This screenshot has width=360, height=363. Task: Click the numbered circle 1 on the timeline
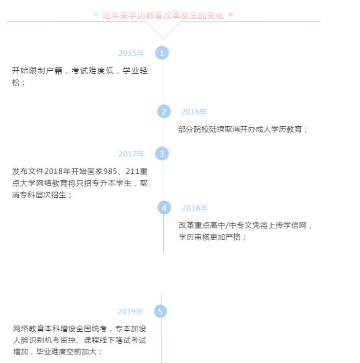(x=162, y=53)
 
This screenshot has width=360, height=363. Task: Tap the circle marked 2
(x=164, y=111)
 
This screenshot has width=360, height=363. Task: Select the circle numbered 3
(x=162, y=154)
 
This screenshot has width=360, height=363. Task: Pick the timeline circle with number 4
(x=164, y=207)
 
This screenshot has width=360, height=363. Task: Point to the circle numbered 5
(x=160, y=311)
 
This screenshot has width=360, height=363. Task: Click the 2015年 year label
(x=131, y=53)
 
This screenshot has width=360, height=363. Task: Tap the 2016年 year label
(x=194, y=112)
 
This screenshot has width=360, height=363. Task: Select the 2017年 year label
(x=131, y=154)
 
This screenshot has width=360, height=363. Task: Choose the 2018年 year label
(x=195, y=208)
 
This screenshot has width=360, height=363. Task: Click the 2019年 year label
(x=130, y=311)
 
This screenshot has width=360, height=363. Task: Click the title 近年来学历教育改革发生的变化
(x=163, y=15)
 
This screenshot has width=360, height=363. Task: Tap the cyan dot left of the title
(x=96, y=14)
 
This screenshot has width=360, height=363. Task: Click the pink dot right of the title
(x=231, y=14)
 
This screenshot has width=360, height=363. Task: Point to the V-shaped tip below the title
(x=163, y=39)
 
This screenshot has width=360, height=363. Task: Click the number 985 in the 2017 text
(x=110, y=171)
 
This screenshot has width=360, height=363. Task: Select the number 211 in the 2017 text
(x=132, y=171)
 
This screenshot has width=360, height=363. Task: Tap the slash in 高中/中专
(x=227, y=225)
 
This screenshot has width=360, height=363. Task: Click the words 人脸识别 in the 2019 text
(x=29, y=340)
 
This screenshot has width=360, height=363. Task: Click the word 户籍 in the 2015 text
(x=54, y=71)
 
